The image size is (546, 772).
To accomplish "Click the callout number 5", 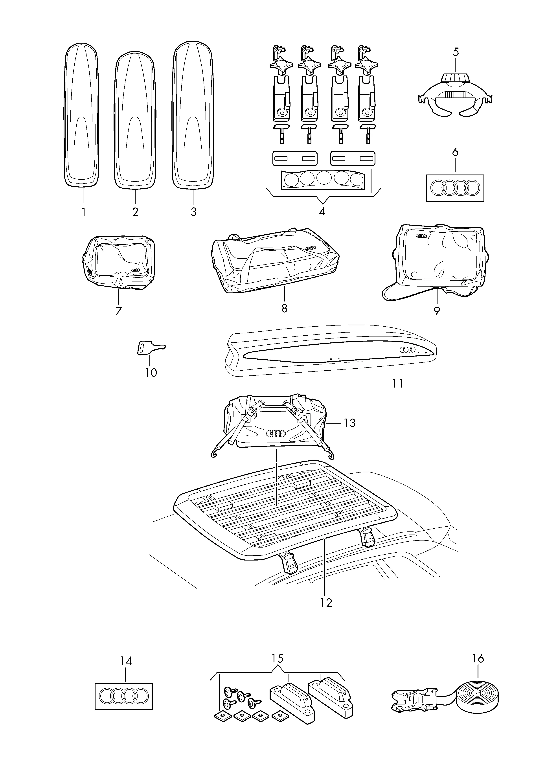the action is [x=456, y=52].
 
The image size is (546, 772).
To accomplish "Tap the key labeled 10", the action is [x=151, y=348].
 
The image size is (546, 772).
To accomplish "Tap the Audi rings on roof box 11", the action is [x=408, y=350].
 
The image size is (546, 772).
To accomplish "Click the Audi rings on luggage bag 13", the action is [x=276, y=434].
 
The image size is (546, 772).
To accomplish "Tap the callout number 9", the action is [x=436, y=311].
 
